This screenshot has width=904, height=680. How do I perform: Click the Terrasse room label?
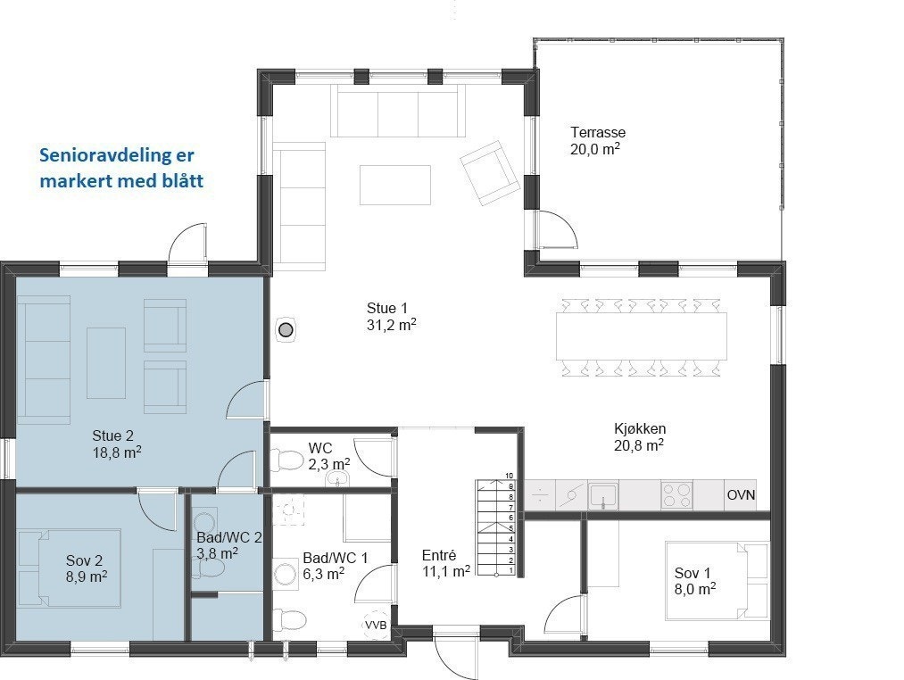tap(598, 132)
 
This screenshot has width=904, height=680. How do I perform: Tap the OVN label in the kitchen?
tap(741, 495)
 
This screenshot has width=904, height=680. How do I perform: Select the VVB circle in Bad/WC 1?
tap(376, 625)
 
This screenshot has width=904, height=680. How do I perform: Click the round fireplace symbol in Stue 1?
tap(286, 330)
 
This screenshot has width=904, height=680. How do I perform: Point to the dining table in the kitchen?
tap(641, 336)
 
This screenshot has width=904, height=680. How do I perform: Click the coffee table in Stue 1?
tap(395, 185)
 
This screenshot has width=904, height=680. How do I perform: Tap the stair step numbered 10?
tap(499, 482)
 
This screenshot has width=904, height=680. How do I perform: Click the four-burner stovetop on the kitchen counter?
tap(676, 494)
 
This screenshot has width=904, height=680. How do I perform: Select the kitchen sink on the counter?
tap(603, 495)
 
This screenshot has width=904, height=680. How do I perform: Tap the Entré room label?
tap(439, 555)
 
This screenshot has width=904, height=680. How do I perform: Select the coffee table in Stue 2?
tap(106, 363)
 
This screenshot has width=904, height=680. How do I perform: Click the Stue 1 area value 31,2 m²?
tap(392, 324)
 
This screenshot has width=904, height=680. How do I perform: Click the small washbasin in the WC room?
tap(337, 478)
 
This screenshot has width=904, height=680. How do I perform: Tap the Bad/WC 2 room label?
tap(228, 537)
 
